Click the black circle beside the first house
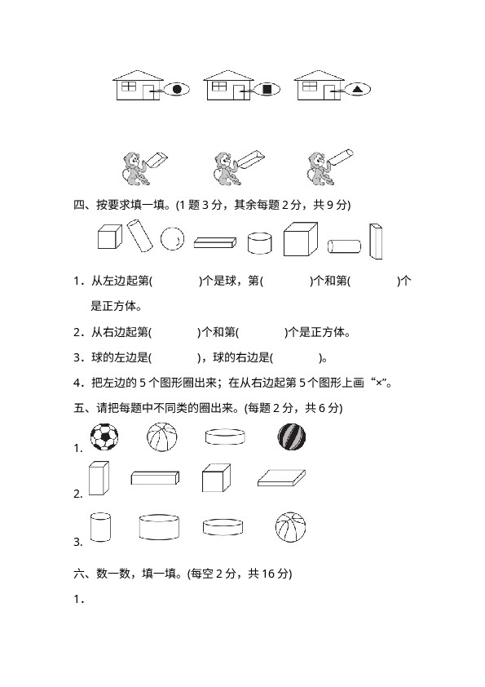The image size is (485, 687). click(x=177, y=90)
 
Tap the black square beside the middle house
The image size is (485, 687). click(x=267, y=90)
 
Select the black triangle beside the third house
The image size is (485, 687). click(x=358, y=90)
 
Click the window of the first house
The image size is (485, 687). click(x=129, y=86)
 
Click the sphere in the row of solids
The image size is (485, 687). click(x=172, y=239)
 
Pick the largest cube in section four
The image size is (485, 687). click(x=300, y=239)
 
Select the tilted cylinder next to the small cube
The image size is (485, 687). click(x=140, y=236)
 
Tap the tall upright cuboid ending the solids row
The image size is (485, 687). click(x=376, y=242)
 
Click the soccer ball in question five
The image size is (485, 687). click(x=104, y=437)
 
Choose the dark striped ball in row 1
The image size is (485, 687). click(x=292, y=437)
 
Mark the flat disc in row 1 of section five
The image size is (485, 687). click(x=225, y=437)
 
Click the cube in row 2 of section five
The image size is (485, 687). click(x=216, y=478)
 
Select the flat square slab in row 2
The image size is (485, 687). click(x=281, y=478)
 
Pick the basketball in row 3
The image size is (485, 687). click(x=291, y=528)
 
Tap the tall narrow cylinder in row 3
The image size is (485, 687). click(x=100, y=527)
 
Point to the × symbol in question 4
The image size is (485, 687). click(x=379, y=383)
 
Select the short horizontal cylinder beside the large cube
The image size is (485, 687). click(x=345, y=246)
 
